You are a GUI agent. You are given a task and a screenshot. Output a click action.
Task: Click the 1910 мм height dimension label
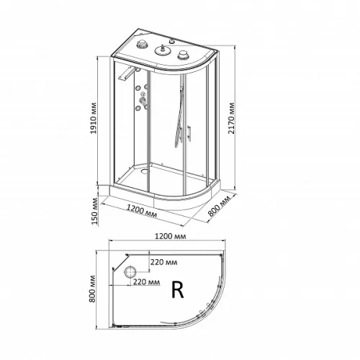click(x=94, y=118)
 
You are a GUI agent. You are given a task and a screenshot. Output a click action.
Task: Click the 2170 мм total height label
click(x=231, y=118)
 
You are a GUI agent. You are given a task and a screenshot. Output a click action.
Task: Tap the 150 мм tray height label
click(x=95, y=211)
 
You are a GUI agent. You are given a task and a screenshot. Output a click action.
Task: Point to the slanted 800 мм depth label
click(x=219, y=206)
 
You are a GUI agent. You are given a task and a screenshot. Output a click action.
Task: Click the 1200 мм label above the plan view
click(x=170, y=236)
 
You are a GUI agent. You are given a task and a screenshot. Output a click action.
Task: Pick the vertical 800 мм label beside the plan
click(x=92, y=289)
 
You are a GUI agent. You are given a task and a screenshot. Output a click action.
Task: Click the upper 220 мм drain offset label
click(x=164, y=262)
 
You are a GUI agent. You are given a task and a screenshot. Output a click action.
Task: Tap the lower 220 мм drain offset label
click(x=146, y=282)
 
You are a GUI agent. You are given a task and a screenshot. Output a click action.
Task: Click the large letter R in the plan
click(x=178, y=289)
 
